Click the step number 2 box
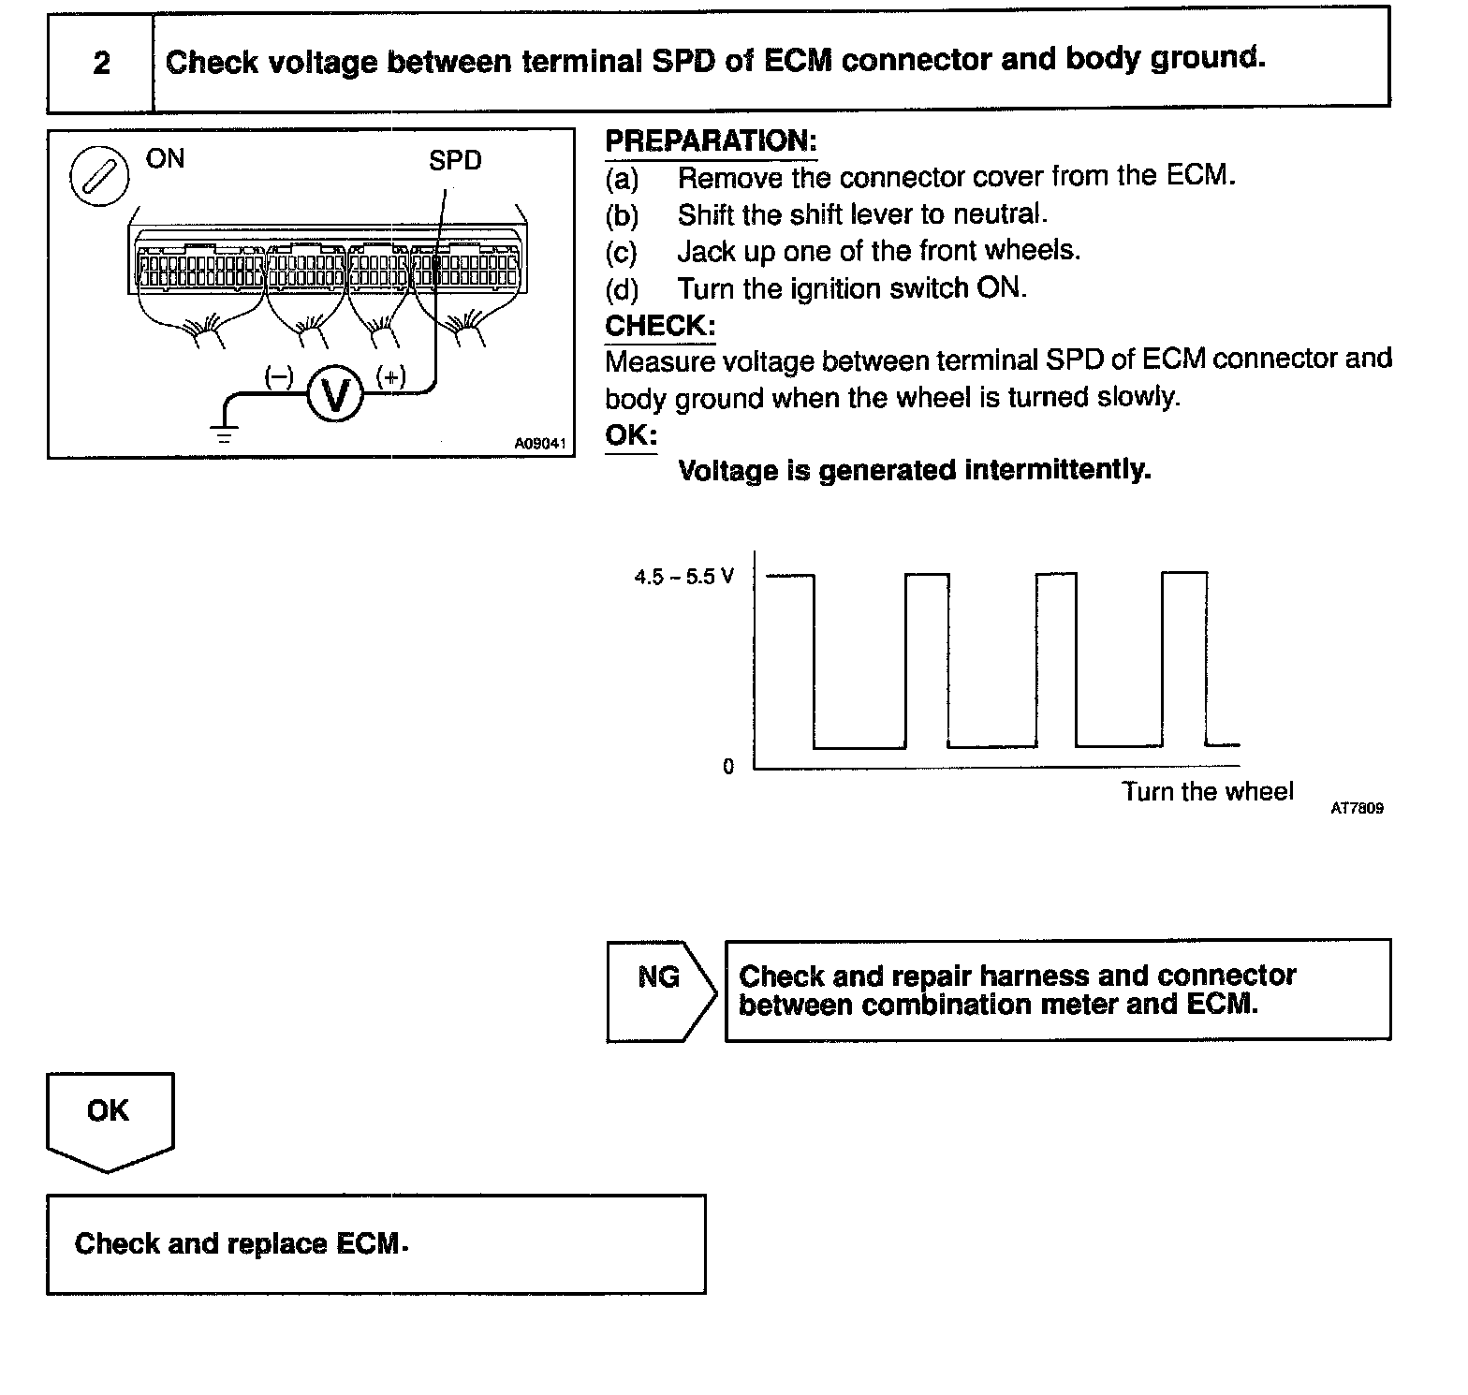100,63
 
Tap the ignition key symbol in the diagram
99,176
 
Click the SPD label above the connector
455,161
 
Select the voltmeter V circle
334,394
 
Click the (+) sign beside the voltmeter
390,376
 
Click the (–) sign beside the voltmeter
279,376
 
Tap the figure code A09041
540,444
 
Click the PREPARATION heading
711,141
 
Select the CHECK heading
660,326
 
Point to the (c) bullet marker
621,252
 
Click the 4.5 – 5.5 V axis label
684,577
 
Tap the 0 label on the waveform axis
728,767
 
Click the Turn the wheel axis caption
1208,792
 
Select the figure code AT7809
1357,808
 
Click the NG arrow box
660,991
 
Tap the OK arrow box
109,1120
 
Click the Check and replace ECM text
241,1243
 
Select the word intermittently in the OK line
1057,469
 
